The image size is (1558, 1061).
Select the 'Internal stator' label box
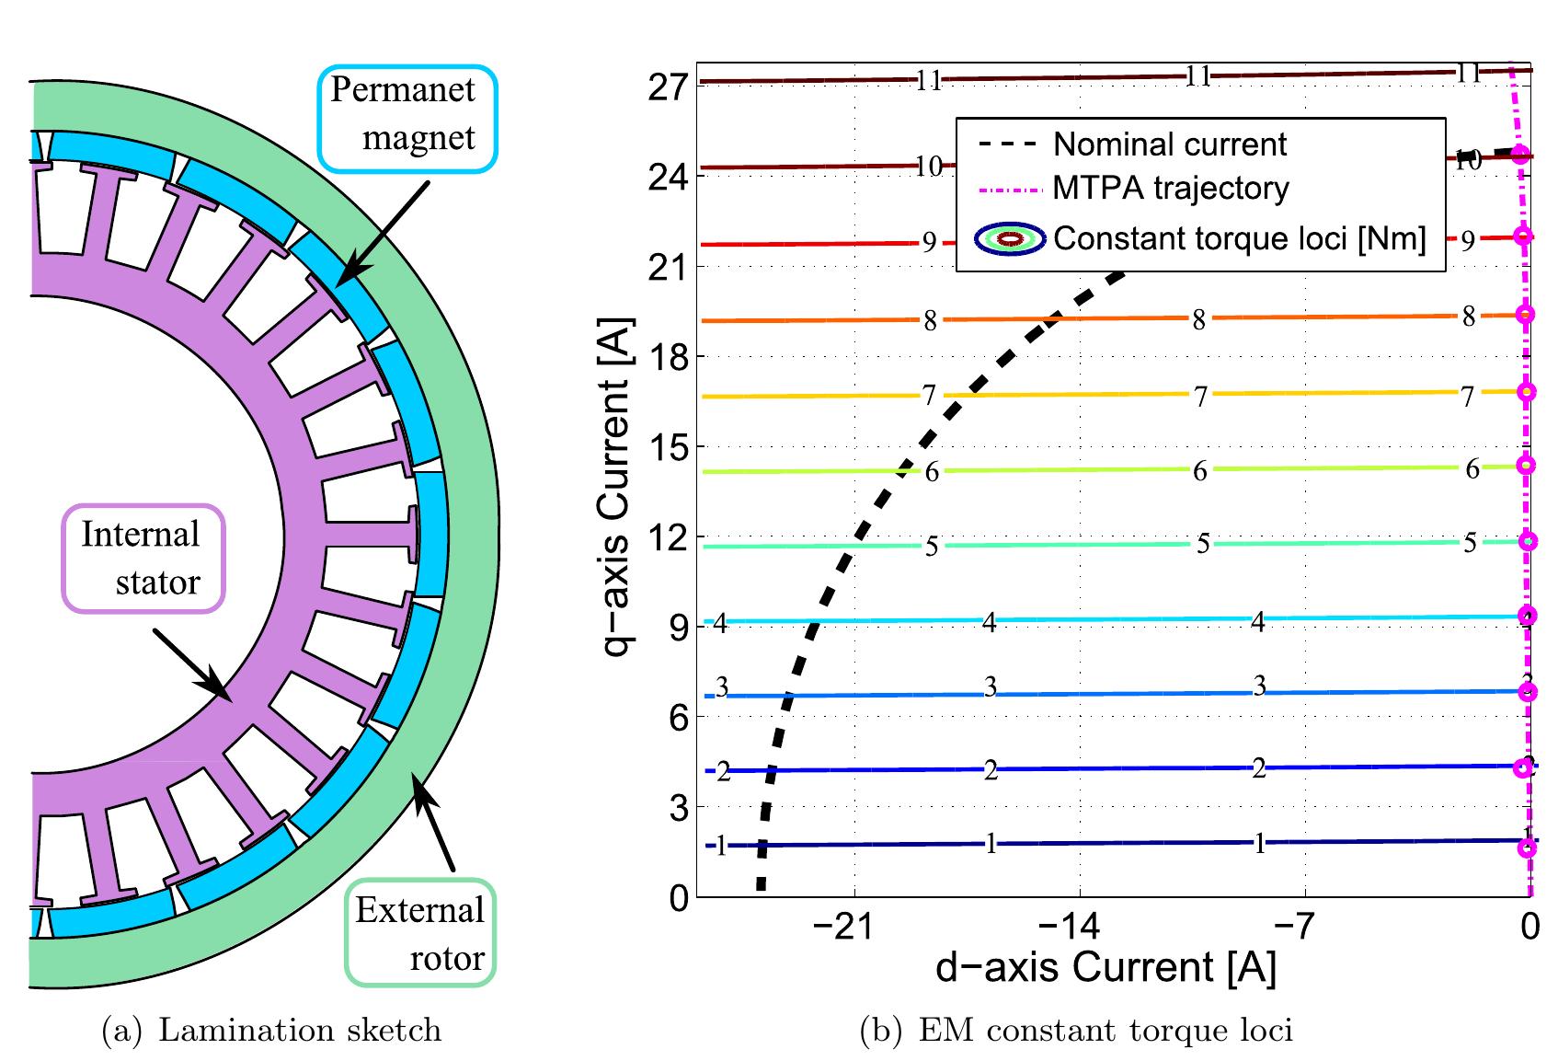tap(143, 559)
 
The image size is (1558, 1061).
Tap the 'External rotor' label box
tap(421, 934)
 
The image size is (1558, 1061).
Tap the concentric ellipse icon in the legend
tap(1010, 239)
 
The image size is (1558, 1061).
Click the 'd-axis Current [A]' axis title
tap(1105, 968)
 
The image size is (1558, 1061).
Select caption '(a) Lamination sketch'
tap(270, 1030)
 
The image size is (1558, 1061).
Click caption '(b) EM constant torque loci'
tap(1075, 1030)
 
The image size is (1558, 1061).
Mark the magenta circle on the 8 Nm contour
tap(1526, 315)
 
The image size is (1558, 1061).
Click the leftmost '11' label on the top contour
tap(929, 81)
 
